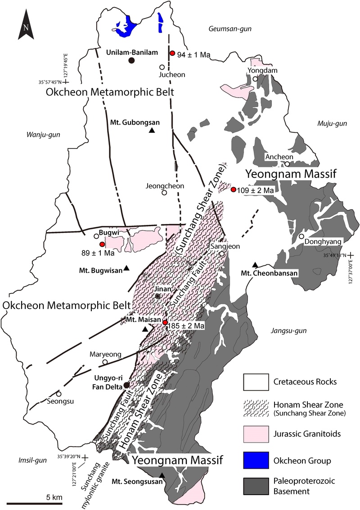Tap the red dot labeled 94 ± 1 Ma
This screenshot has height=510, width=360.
(172, 53)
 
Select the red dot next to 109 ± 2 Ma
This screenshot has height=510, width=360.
(233, 189)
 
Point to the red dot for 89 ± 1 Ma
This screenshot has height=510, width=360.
(102, 244)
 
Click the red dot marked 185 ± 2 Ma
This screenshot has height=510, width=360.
(165, 322)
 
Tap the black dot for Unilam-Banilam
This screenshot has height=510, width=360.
(131, 60)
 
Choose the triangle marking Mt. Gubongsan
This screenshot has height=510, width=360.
(152, 130)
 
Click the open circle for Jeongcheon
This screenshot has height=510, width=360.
(164, 193)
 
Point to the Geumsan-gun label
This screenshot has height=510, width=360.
(230, 29)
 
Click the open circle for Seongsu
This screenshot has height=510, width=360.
(58, 394)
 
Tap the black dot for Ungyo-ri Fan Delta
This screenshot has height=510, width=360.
(127, 385)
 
